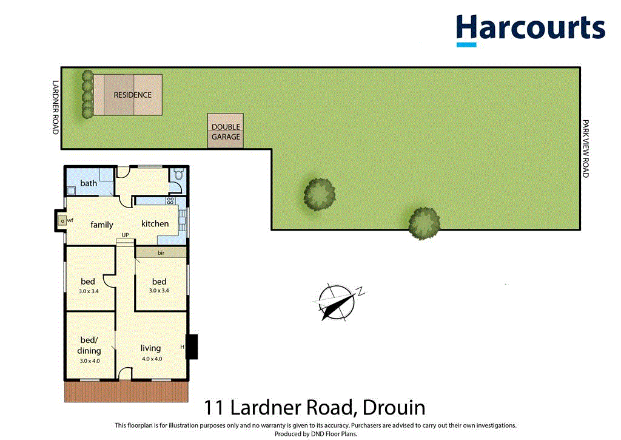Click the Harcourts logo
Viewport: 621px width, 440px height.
coord(530,29)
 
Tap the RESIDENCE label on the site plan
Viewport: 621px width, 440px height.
coord(132,95)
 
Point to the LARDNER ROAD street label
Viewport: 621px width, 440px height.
coord(55,107)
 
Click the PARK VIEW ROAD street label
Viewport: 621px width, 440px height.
coord(585,149)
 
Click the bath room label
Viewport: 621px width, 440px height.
coord(89,183)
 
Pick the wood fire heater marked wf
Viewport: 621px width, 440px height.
coord(62,221)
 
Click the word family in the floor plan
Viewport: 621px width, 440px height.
coord(102,225)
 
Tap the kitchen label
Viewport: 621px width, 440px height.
coord(155,223)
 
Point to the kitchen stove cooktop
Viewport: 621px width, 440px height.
coord(170,200)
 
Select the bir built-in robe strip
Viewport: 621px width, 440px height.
coord(161,252)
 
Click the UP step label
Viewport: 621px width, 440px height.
coord(125,234)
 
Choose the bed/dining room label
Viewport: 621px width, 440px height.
coord(89,346)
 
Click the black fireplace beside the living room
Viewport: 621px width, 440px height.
coord(192,347)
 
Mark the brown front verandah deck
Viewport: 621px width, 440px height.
coord(124,392)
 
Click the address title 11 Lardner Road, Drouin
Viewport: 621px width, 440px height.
coord(314,408)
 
